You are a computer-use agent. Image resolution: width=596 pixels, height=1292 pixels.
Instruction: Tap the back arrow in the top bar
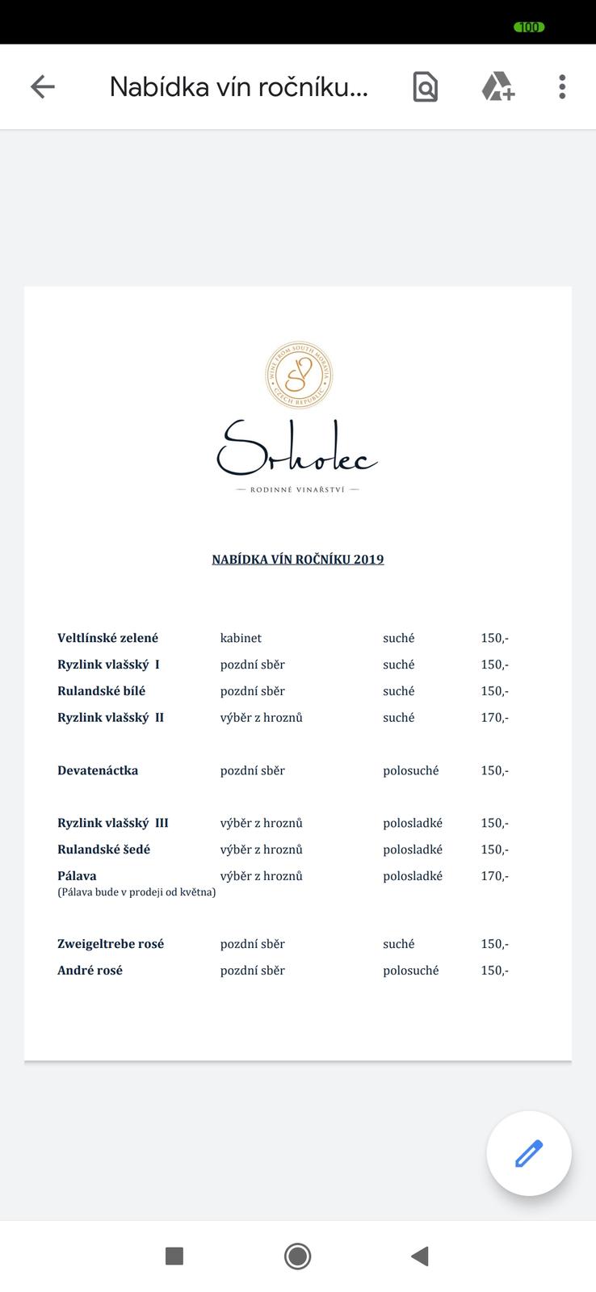[x=42, y=86]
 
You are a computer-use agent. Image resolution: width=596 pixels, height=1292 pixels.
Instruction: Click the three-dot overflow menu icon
[x=562, y=86]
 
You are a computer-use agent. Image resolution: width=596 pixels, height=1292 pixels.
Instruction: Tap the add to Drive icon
[x=497, y=86]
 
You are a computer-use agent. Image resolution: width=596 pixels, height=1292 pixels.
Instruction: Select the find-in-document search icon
[x=425, y=86]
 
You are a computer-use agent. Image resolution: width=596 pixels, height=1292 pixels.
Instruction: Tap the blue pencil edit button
[x=529, y=1153]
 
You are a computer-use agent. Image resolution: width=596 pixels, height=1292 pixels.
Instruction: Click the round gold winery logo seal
[x=299, y=375]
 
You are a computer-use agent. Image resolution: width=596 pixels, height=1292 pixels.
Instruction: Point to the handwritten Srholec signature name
[x=296, y=449]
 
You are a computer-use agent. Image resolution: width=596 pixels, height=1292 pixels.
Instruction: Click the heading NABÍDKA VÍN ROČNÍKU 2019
[x=298, y=560]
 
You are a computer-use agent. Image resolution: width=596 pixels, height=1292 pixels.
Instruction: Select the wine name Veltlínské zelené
[x=107, y=638]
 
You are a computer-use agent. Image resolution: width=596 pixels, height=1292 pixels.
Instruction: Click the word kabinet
[x=241, y=638]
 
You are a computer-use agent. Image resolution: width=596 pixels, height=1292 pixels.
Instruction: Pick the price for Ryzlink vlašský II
[x=494, y=717]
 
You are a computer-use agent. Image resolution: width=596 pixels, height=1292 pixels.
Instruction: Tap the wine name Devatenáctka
[x=98, y=770]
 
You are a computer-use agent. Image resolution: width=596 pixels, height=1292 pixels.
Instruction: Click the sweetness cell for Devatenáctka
[x=410, y=770]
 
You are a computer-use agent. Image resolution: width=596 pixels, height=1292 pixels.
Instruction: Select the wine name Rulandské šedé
[x=103, y=849]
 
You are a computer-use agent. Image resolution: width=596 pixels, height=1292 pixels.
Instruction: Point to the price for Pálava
[x=494, y=875]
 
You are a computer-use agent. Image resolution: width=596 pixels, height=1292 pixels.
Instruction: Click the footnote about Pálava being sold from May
[x=136, y=892]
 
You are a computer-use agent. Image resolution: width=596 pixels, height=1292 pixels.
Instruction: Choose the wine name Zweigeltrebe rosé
[x=111, y=944]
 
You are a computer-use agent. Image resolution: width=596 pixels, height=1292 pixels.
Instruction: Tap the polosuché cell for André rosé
[x=410, y=971]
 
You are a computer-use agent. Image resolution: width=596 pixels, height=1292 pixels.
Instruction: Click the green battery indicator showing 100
[x=529, y=27]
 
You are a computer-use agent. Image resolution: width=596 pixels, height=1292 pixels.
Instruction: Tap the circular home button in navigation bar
[x=297, y=1256]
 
